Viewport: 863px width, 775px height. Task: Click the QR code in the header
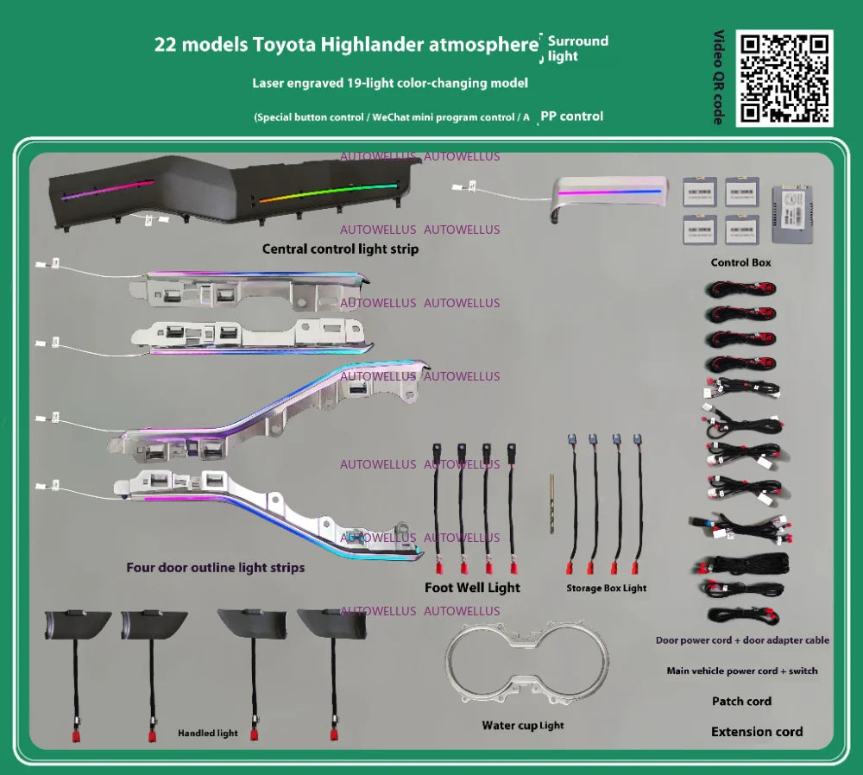[x=784, y=79]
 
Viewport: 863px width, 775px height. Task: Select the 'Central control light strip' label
[x=340, y=249]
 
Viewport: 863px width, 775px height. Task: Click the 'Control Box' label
[x=740, y=262]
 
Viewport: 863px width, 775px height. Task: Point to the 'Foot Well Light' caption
[x=472, y=588]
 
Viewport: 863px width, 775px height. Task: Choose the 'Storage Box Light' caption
[x=607, y=589]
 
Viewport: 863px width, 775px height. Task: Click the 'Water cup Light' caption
[x=523, y=726]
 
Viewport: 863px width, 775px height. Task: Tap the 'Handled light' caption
[x=207, y=734]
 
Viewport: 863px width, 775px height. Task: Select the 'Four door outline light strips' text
[x=215, y=568]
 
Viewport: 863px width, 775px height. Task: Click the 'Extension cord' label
[x=757, y=732]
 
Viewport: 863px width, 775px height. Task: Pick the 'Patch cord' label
[x=741, y=702]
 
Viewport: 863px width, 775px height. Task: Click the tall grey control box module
[x=792, y=215]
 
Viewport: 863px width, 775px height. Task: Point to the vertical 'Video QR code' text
[x=719, y=77]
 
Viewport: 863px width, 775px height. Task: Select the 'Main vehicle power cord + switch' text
[x=742, y=671]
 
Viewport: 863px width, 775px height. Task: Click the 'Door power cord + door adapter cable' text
[x=742, y=640]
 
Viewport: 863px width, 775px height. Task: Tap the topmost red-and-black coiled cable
[x=740, y=288]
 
